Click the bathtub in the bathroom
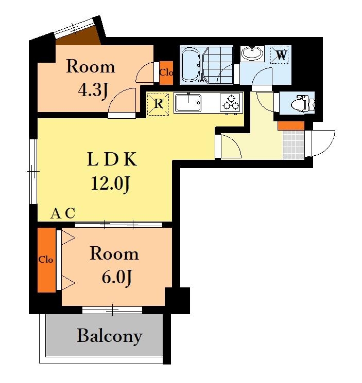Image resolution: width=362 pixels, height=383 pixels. click(x=191, y=65)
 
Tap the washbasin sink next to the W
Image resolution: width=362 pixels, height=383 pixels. click(x=252, y=53)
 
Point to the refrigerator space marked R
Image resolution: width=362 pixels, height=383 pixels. click(x=159, y=104)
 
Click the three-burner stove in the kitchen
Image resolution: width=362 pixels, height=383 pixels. click(x=230, y=103)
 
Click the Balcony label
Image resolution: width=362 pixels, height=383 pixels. click(x=110, y=336)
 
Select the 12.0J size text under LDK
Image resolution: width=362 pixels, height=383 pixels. click(x=110, y=184)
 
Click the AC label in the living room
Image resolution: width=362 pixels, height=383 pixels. click(x=63, y=213)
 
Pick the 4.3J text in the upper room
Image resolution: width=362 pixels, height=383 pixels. click(x=93, y=90)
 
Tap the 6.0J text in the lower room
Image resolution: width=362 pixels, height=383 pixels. click(x=117, y=278)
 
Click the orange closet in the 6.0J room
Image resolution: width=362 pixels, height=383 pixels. click(x=46, y=260)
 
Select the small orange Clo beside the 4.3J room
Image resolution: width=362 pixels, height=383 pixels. click(x=166, y=73)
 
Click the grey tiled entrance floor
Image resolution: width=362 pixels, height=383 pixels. click(x=294, y=145)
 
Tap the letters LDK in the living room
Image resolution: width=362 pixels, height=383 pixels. click(x=112, y=159)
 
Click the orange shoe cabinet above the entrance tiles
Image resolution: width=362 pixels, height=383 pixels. click(x=291, y=125)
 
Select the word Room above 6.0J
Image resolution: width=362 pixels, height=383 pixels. click(x=114, y=253)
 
